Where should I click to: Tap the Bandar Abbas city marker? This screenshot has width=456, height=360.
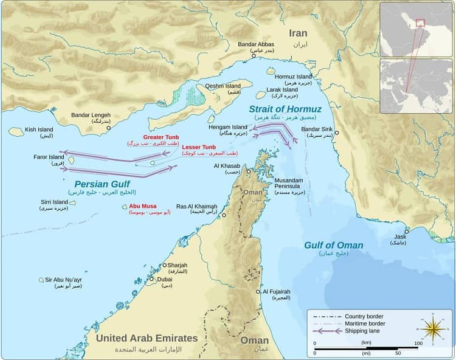tap(254, 56)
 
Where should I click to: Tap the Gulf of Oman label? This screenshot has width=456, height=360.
tap(334, 245)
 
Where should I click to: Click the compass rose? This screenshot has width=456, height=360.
tap(432, 329)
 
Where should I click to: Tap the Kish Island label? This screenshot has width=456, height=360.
tap(38, 130)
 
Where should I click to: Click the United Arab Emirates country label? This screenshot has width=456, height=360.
tap(147, 338)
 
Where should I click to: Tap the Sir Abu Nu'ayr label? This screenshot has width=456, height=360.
tap(63, 280)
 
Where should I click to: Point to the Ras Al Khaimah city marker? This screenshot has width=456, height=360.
tap(224, 215)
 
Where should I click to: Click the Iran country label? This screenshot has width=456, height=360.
tap(298, 33)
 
